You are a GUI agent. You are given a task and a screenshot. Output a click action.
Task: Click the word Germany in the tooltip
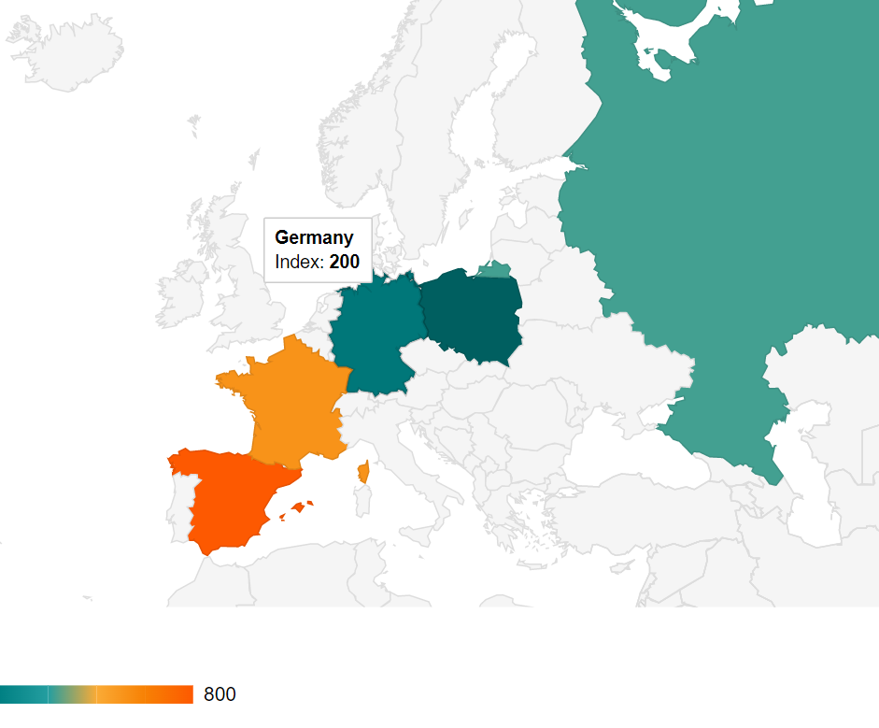pos(314,237)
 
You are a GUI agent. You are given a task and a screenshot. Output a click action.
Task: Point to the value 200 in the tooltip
pos(344,263)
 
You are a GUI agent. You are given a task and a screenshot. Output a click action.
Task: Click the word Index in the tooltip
pos(296,263)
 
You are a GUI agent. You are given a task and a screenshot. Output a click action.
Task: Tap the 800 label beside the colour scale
pos(220,694)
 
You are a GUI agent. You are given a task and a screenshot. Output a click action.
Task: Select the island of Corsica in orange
pos(363,472)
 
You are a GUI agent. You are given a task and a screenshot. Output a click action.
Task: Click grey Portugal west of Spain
pos(179,505)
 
